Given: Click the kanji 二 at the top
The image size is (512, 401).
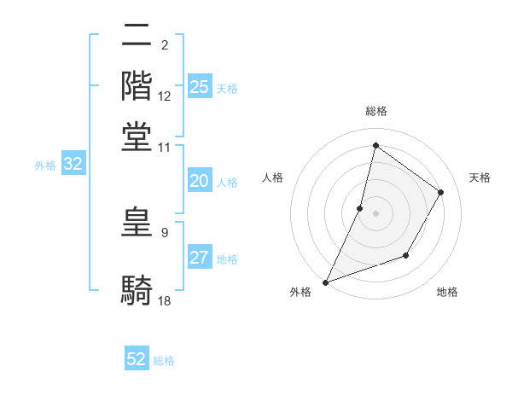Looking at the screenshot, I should pos(137,36).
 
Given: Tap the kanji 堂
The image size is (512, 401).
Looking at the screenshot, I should pos(137,137).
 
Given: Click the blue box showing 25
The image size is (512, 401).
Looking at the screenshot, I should pos(200,86).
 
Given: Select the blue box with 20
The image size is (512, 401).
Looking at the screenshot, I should pos(200,181).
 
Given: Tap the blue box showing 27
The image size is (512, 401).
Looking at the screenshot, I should pos(200,258).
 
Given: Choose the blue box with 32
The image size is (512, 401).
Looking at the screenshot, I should pos(73,165).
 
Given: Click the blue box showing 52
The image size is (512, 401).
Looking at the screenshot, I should pos(137,359).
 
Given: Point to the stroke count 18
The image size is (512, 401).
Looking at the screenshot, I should pos(165,300).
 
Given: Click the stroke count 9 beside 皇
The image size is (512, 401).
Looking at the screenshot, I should pos(164,232).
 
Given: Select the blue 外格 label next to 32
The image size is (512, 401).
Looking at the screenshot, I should pos(44,166).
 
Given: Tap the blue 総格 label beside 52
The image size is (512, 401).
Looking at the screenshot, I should pos(164,361).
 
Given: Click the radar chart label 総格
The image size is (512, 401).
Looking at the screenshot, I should pos(375,112).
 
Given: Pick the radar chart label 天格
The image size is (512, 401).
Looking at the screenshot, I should pos(480,177).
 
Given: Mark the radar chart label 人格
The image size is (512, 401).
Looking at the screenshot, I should pos(272,177).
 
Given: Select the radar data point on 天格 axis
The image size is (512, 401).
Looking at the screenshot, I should pos(441,192).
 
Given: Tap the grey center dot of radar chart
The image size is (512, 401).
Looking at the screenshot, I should pos(375,213).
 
